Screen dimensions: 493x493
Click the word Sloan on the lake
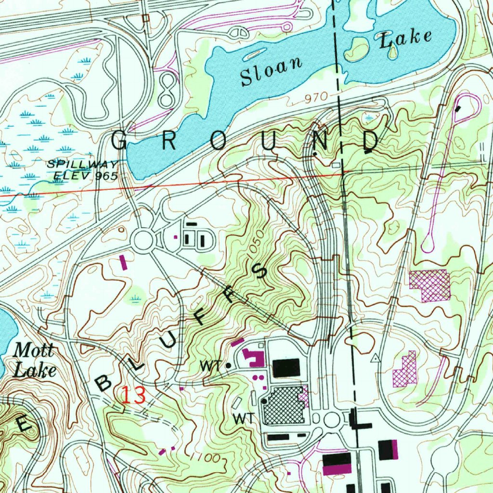click(x=272, y=72)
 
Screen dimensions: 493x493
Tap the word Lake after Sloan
click(x=406, y=39)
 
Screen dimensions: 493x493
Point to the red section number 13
click(x=133, y=395)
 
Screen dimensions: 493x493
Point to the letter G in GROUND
click(x=120, y=141)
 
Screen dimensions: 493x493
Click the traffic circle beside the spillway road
click(x=143, y=239)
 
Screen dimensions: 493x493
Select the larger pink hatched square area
click(x=429, y=285)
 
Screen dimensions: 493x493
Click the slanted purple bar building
click(x=123, y=262)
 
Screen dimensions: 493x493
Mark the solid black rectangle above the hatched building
click(x=286, y=368)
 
